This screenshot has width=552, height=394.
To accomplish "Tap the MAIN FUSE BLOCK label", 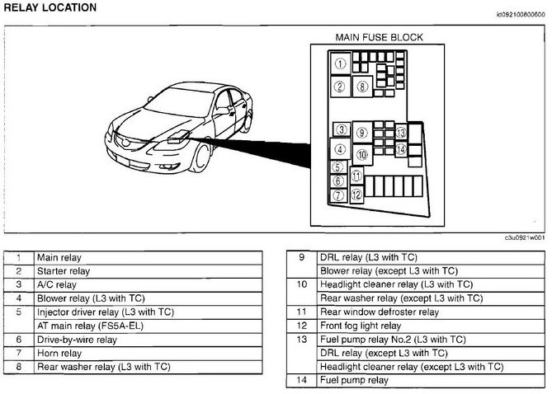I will (x=379, y=37).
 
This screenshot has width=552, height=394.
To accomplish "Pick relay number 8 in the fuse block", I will (x=361, y=85).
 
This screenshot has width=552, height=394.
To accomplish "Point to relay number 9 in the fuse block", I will (x=361, y=132).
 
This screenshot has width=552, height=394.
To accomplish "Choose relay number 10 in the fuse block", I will (x=361, y=153).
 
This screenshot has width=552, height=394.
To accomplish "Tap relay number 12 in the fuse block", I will (x=356, y=195).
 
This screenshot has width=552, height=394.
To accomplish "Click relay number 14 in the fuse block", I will (x=400, y=149).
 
